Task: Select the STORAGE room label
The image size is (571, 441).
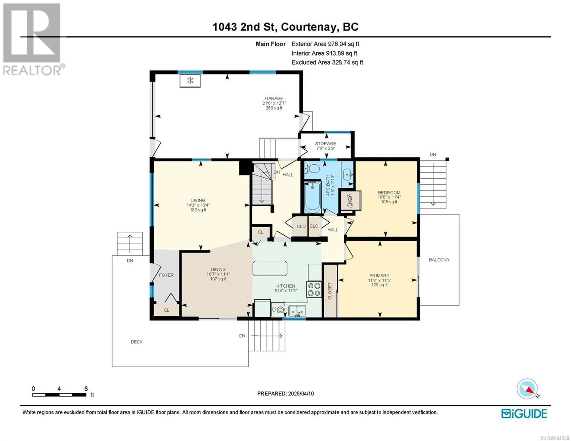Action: [325, 144]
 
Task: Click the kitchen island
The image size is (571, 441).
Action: [270, 268]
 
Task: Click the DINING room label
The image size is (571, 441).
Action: [218, 269]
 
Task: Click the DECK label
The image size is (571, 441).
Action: [137, 342]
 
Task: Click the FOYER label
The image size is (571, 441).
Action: [166, 275]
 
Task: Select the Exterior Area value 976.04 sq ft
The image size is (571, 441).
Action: [343, 44]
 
